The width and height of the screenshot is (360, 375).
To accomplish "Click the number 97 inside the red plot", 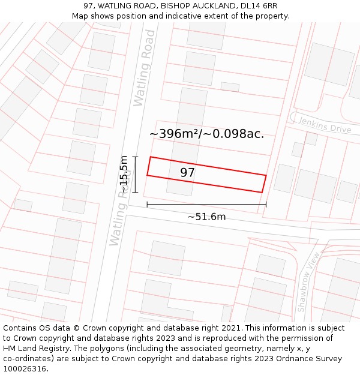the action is point(188,173).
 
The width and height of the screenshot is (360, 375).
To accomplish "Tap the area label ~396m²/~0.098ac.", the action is point(206,134).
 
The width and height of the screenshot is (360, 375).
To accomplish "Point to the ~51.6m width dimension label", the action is point(206,217).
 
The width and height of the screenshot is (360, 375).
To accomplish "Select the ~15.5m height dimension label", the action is point(124,174).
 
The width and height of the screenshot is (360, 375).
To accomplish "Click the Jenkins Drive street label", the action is point(324,125).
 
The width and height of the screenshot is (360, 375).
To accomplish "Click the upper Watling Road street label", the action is point(145,68).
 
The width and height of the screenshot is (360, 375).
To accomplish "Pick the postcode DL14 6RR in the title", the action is point(259,6).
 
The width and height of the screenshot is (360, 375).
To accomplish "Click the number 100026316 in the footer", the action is point(26,369).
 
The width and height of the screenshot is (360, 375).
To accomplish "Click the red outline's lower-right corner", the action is point(262,192).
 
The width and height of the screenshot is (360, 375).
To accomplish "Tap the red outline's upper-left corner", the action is point(149,157).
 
